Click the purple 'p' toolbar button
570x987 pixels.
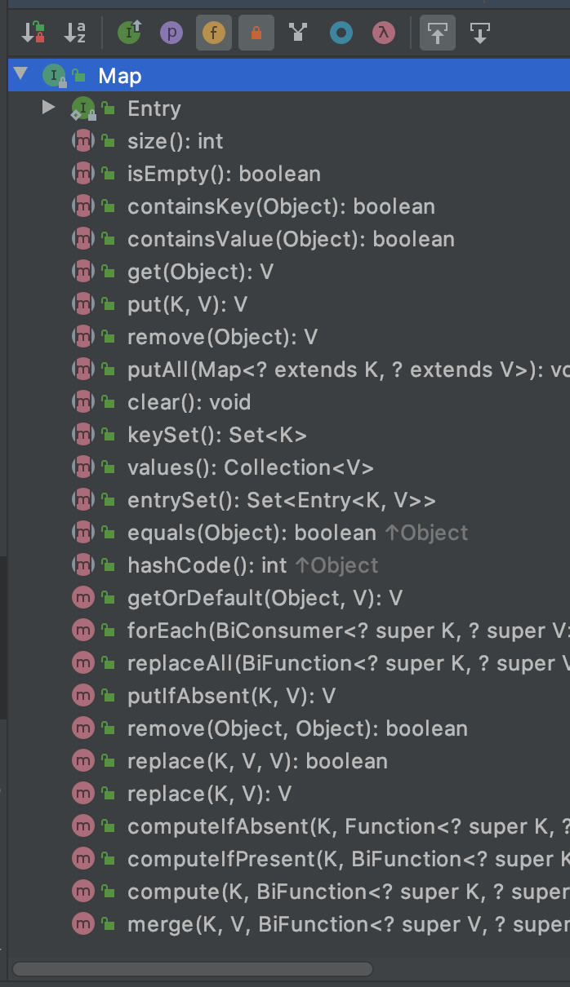coord(171,33)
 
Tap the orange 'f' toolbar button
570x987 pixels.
coord(214,33)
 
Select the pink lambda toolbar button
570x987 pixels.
coord(384,33)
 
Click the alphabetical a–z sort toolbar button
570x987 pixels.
coord(74,33)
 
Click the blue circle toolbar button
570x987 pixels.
coord(341,33)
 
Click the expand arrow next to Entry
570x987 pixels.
coord(48,107)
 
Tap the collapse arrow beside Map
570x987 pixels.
coord(20,73)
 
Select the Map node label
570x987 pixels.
coord(120,76)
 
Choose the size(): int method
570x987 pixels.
coord(175,141)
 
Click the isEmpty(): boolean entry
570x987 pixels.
coord(224,174)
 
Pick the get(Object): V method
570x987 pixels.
coord(200,272)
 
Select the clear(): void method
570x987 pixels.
coord(189,402)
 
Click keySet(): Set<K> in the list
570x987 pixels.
coord(217,435)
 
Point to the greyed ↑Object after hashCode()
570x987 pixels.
coord(337,565)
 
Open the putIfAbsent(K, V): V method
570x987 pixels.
coord(232,696)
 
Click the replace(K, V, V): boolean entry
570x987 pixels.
coord(258,761)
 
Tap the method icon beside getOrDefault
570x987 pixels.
coord(83,598)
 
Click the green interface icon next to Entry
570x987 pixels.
coord(83,108)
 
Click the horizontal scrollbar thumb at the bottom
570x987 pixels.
coord(193,969)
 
